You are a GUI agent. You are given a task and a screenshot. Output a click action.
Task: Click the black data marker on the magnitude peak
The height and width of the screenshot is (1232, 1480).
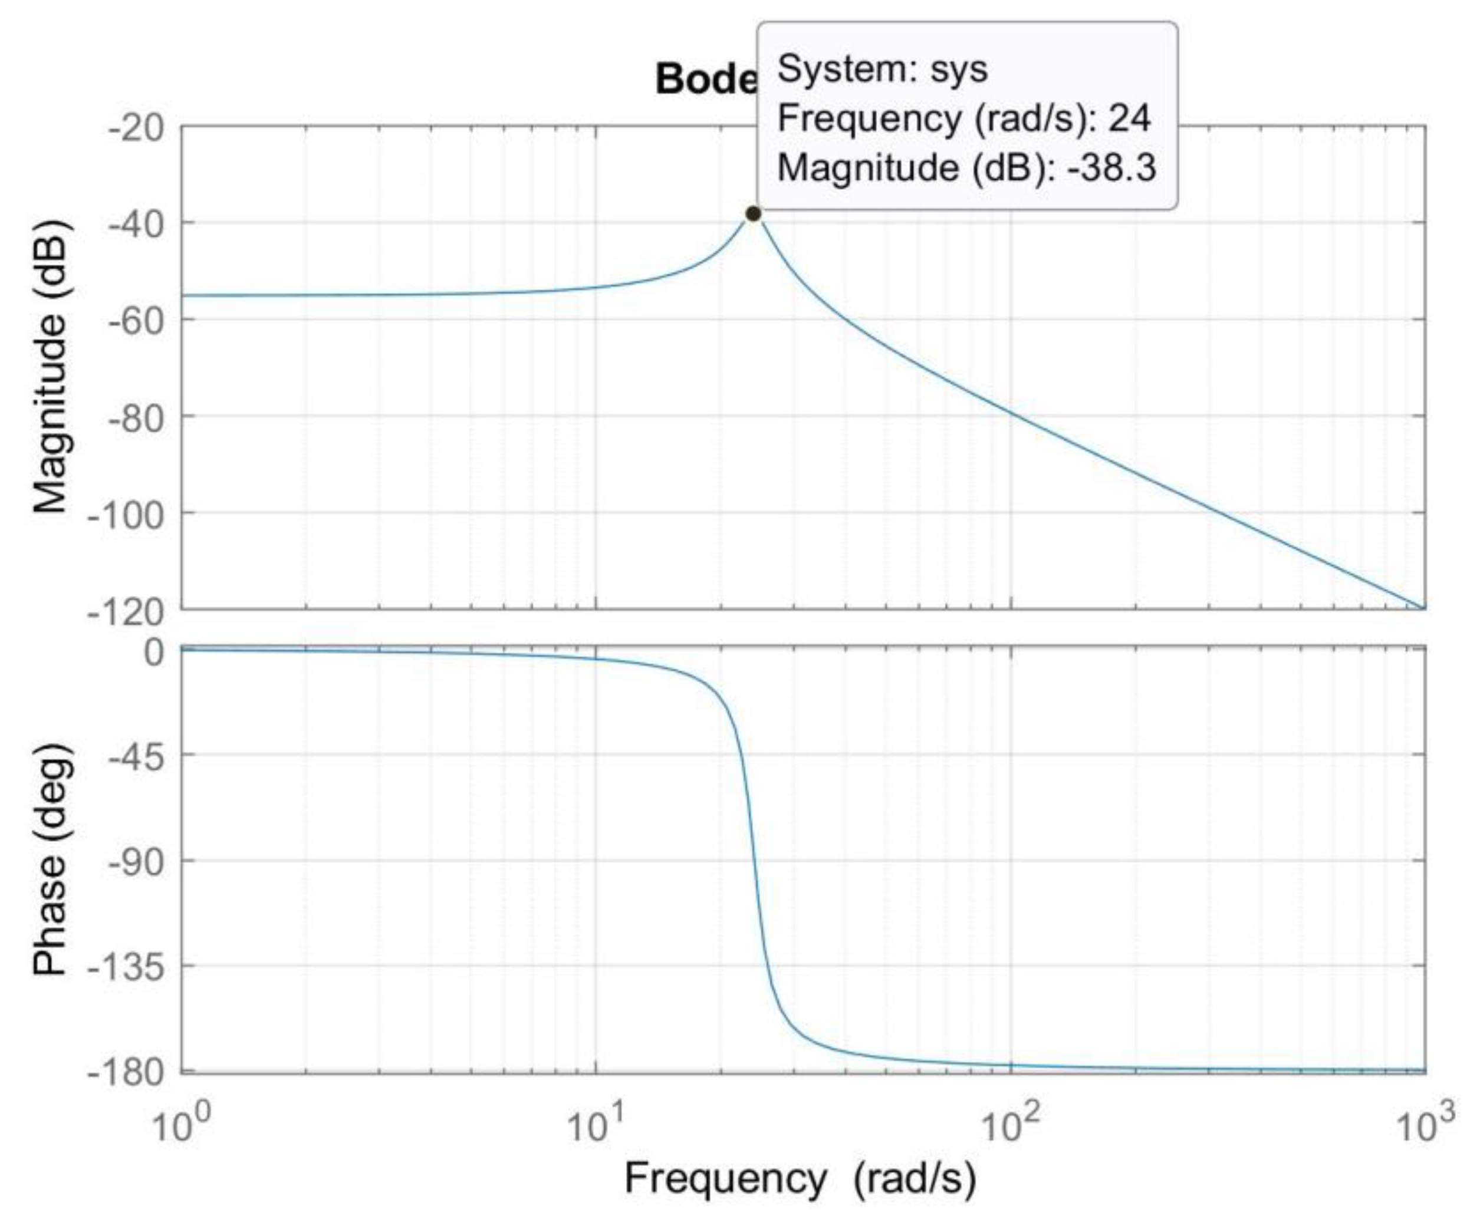[753, 213]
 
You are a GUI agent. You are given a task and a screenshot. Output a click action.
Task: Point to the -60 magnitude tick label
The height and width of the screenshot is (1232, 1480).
[135, 321]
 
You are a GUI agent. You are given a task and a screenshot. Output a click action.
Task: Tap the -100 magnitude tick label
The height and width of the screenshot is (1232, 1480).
[126, 515]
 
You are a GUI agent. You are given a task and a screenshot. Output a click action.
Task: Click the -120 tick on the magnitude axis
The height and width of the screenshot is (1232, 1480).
[126, 612]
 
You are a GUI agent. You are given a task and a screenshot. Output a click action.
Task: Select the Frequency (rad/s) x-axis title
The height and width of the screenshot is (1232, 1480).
[800, 1178]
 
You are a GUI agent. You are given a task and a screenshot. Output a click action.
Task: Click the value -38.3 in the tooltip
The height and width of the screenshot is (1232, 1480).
[1111, 167]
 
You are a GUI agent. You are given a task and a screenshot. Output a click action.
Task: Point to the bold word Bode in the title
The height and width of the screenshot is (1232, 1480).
[705, 78]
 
